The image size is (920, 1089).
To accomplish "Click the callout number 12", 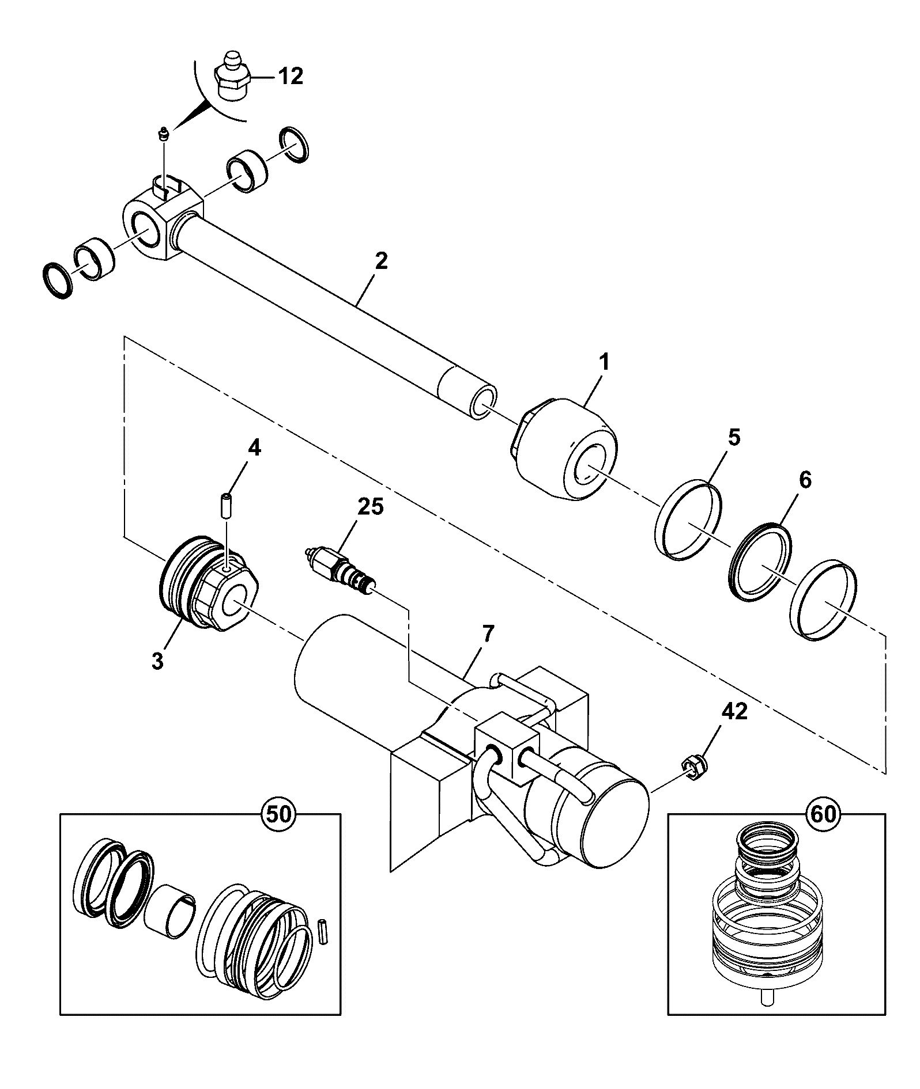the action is pos(291,75).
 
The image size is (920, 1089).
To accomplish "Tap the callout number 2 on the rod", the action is pos(381,261).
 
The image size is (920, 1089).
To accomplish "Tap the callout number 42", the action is pos(734,712).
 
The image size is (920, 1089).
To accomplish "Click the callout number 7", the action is pos(488,634).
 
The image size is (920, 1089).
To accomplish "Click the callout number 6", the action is pos(805,479).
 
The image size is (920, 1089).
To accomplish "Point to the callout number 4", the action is pos(254,447).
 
